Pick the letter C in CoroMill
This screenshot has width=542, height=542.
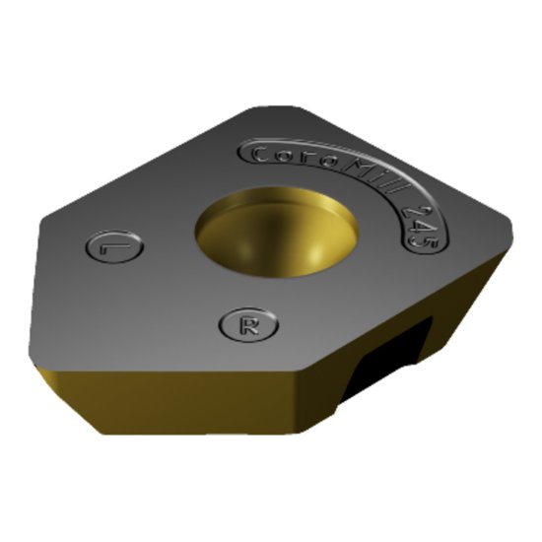click(x=257, y=156)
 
